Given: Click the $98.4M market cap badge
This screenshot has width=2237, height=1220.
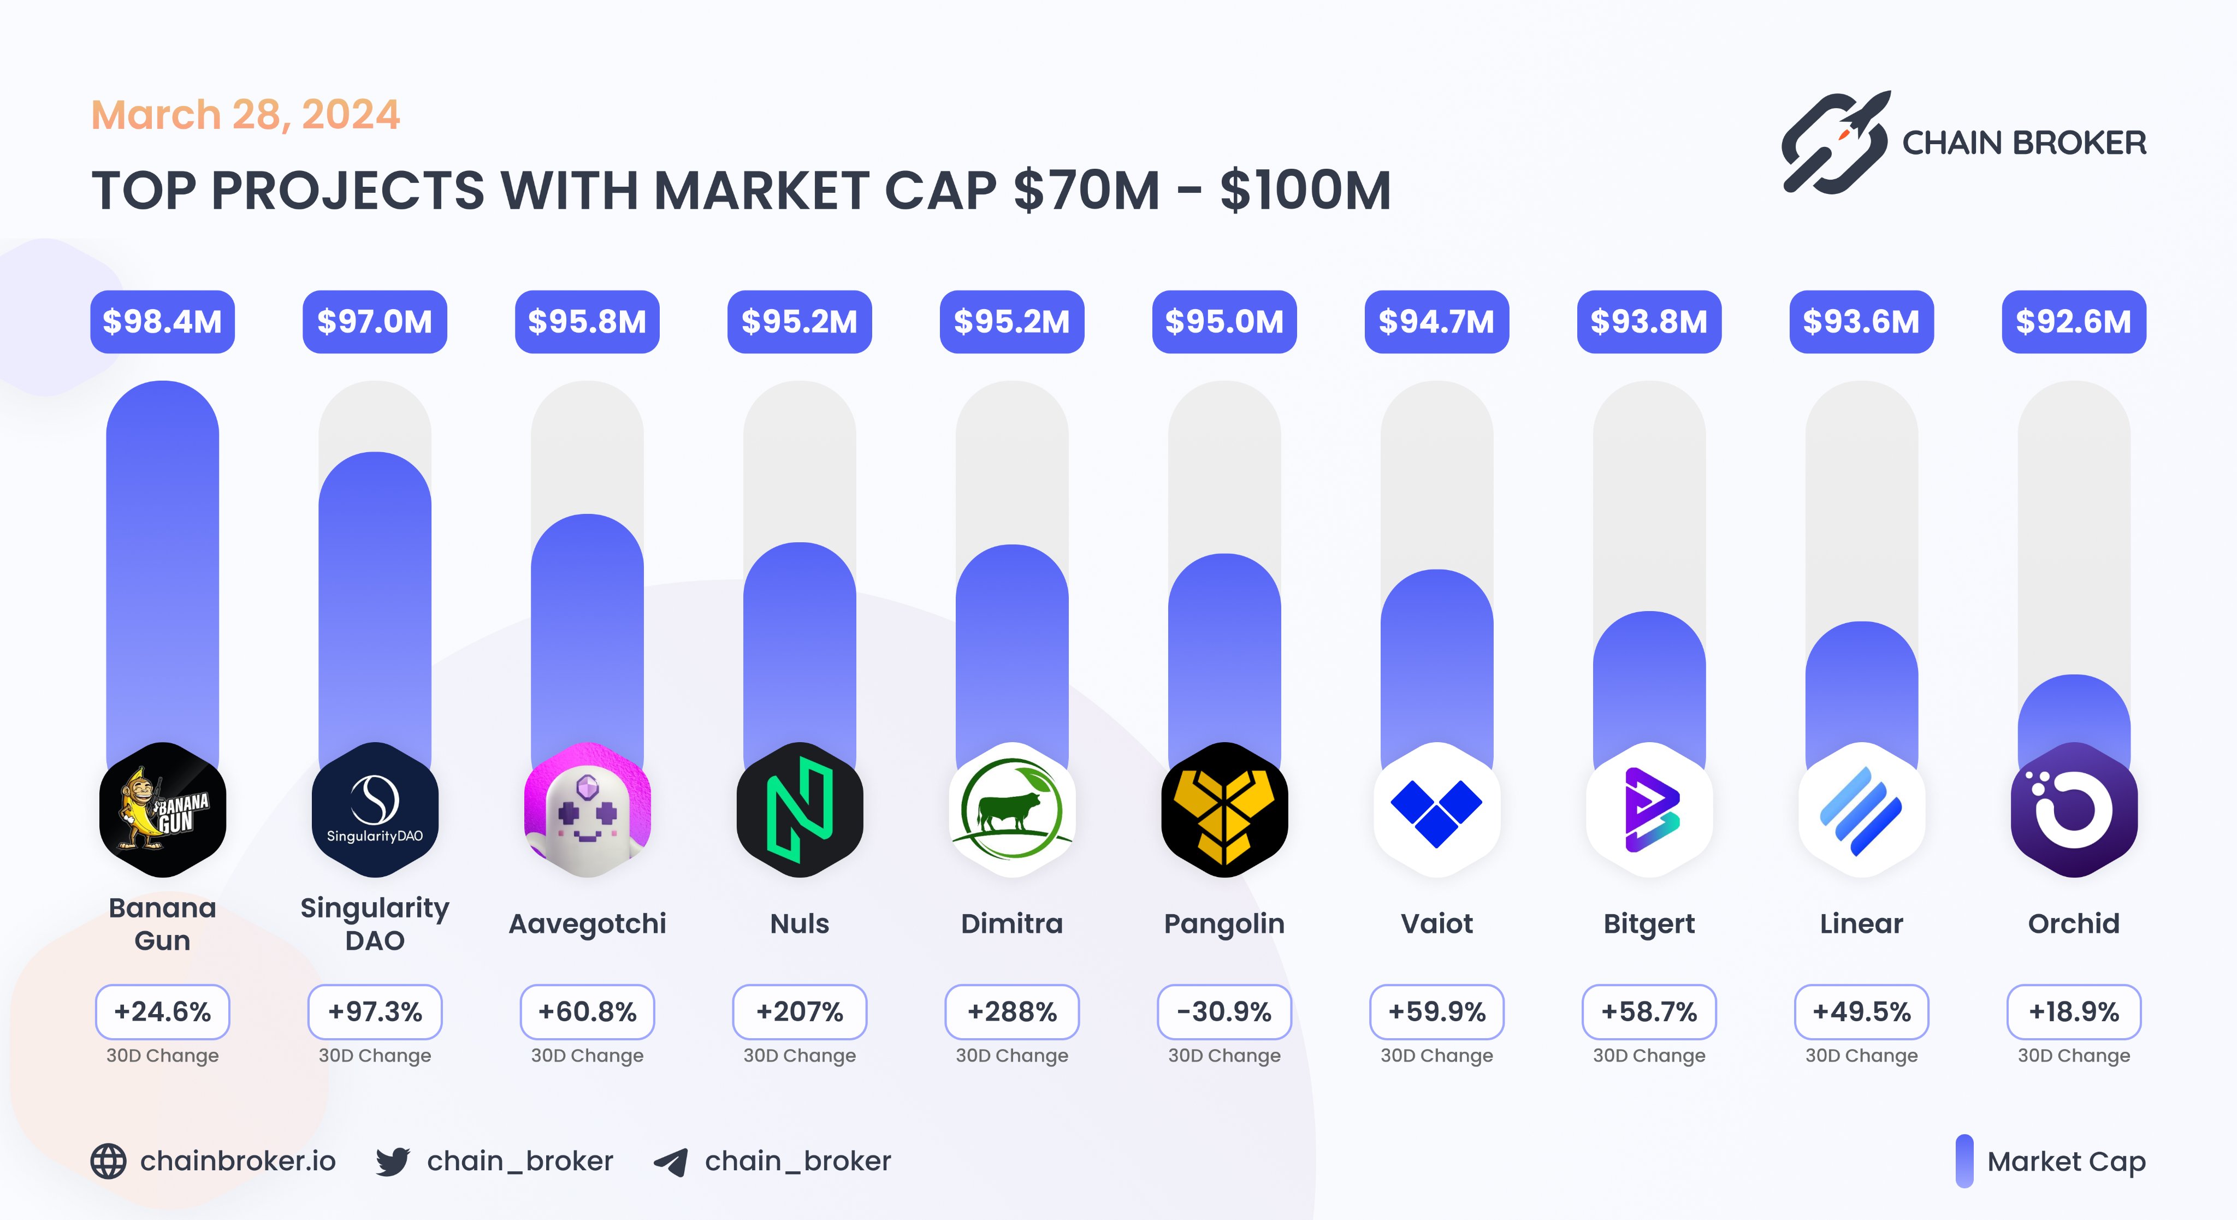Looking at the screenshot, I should (x=162, y=322).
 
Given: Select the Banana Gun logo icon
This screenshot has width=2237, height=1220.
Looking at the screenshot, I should (x=162, y=809).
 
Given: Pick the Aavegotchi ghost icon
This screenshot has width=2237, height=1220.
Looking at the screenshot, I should (x=587, y=809).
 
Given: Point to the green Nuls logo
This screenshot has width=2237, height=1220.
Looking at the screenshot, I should (x=799, y=809).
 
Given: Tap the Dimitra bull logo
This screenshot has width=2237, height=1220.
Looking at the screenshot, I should (x=1011, y=809).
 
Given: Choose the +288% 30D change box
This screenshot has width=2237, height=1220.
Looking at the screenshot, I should (x=1011, y=1011).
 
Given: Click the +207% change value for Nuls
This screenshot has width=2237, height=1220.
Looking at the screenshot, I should (x=799, y=1011).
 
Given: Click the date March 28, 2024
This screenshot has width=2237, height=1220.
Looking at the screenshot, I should (x=246, y=115).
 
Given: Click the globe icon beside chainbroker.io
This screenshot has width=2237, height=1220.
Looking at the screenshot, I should (x=109, y=1161).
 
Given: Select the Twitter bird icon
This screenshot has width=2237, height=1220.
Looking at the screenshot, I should (x=393, y=1161).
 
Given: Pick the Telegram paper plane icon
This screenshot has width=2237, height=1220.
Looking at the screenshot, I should (x=671, y=1161).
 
